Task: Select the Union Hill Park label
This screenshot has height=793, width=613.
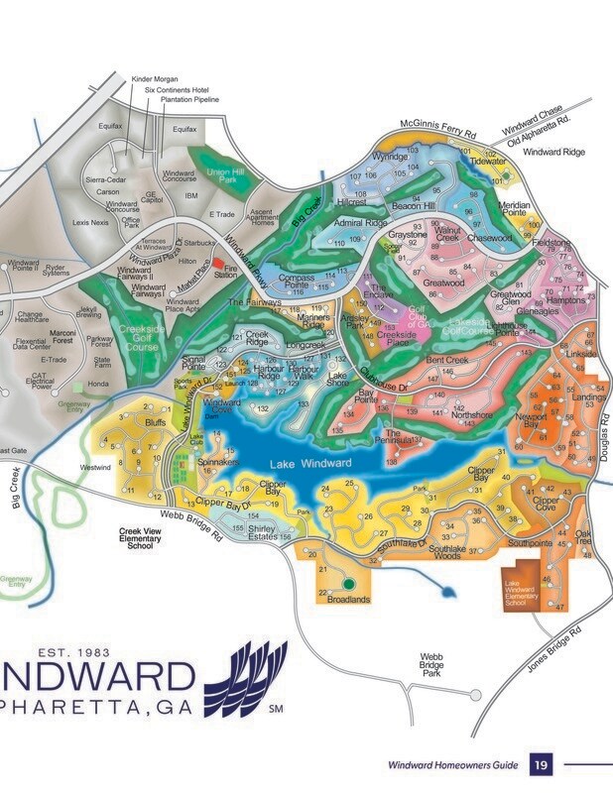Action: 224,175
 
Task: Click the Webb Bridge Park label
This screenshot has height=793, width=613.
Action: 430,664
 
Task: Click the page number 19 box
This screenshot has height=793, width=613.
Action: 541,764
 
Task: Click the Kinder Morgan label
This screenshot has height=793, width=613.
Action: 156,77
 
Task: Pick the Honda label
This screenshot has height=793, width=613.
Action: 98,385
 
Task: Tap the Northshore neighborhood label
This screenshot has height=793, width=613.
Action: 471,415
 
